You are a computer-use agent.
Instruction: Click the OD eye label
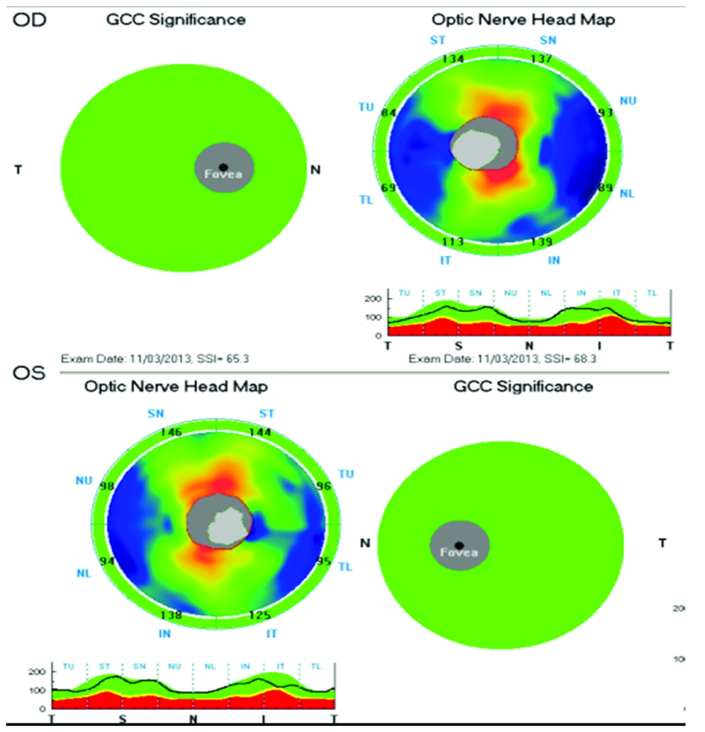(29, 20)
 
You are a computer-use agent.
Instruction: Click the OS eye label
(29, 373)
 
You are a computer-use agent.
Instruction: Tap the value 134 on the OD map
(453, 59)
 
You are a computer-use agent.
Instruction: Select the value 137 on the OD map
(541, 59)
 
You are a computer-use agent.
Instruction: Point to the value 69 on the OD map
(388, 188)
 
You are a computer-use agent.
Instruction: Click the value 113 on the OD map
(453, 241)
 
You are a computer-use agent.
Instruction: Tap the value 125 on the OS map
(260, 615)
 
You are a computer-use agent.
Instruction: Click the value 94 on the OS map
(107, 561)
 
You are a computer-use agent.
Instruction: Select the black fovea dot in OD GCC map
(223, 167)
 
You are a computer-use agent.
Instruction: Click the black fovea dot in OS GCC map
(459, 546)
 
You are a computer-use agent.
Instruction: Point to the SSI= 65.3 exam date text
(155, 359)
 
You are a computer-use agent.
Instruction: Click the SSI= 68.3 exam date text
(502, 359)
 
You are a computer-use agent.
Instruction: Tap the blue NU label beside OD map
(628, 101)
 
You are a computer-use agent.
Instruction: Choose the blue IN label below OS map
(164, 634)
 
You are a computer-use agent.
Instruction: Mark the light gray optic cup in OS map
(226, 528)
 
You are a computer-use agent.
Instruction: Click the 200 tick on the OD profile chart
(373, 299)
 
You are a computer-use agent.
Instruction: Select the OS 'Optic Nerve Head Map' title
(176, 387)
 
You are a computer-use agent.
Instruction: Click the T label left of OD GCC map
(18, 170)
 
